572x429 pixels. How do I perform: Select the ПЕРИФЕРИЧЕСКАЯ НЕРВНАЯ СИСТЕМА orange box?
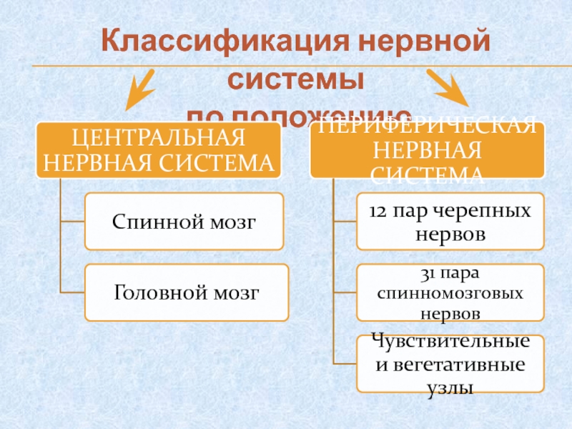[427, 149]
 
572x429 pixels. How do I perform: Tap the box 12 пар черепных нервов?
[450, 222]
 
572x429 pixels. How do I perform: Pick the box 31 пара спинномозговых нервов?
[450, 292]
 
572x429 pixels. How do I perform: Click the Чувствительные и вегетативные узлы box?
[450, 364]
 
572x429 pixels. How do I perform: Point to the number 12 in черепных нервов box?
[380, 212]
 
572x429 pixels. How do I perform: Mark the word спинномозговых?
[450, 294]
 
